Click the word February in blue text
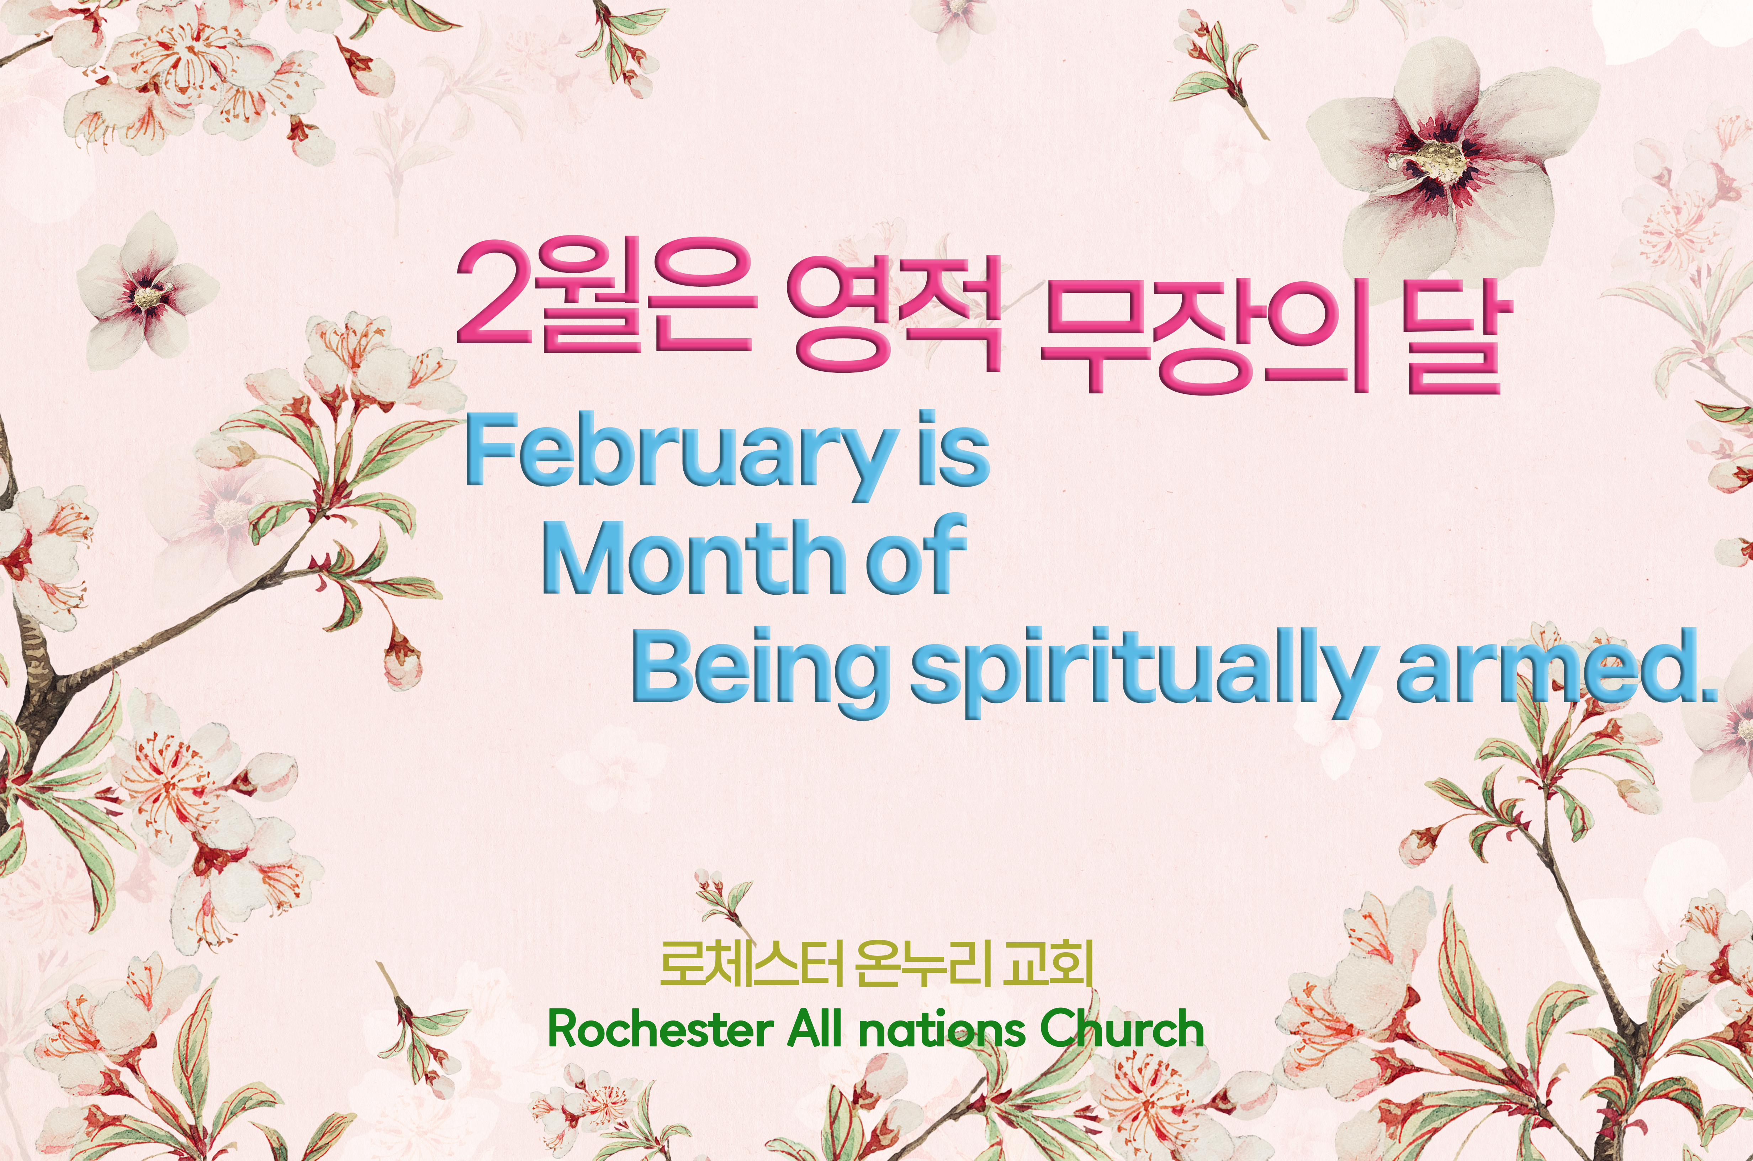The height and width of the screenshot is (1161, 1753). click(x=677, y=453)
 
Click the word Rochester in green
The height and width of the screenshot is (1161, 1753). click(x=659, y=1029)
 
